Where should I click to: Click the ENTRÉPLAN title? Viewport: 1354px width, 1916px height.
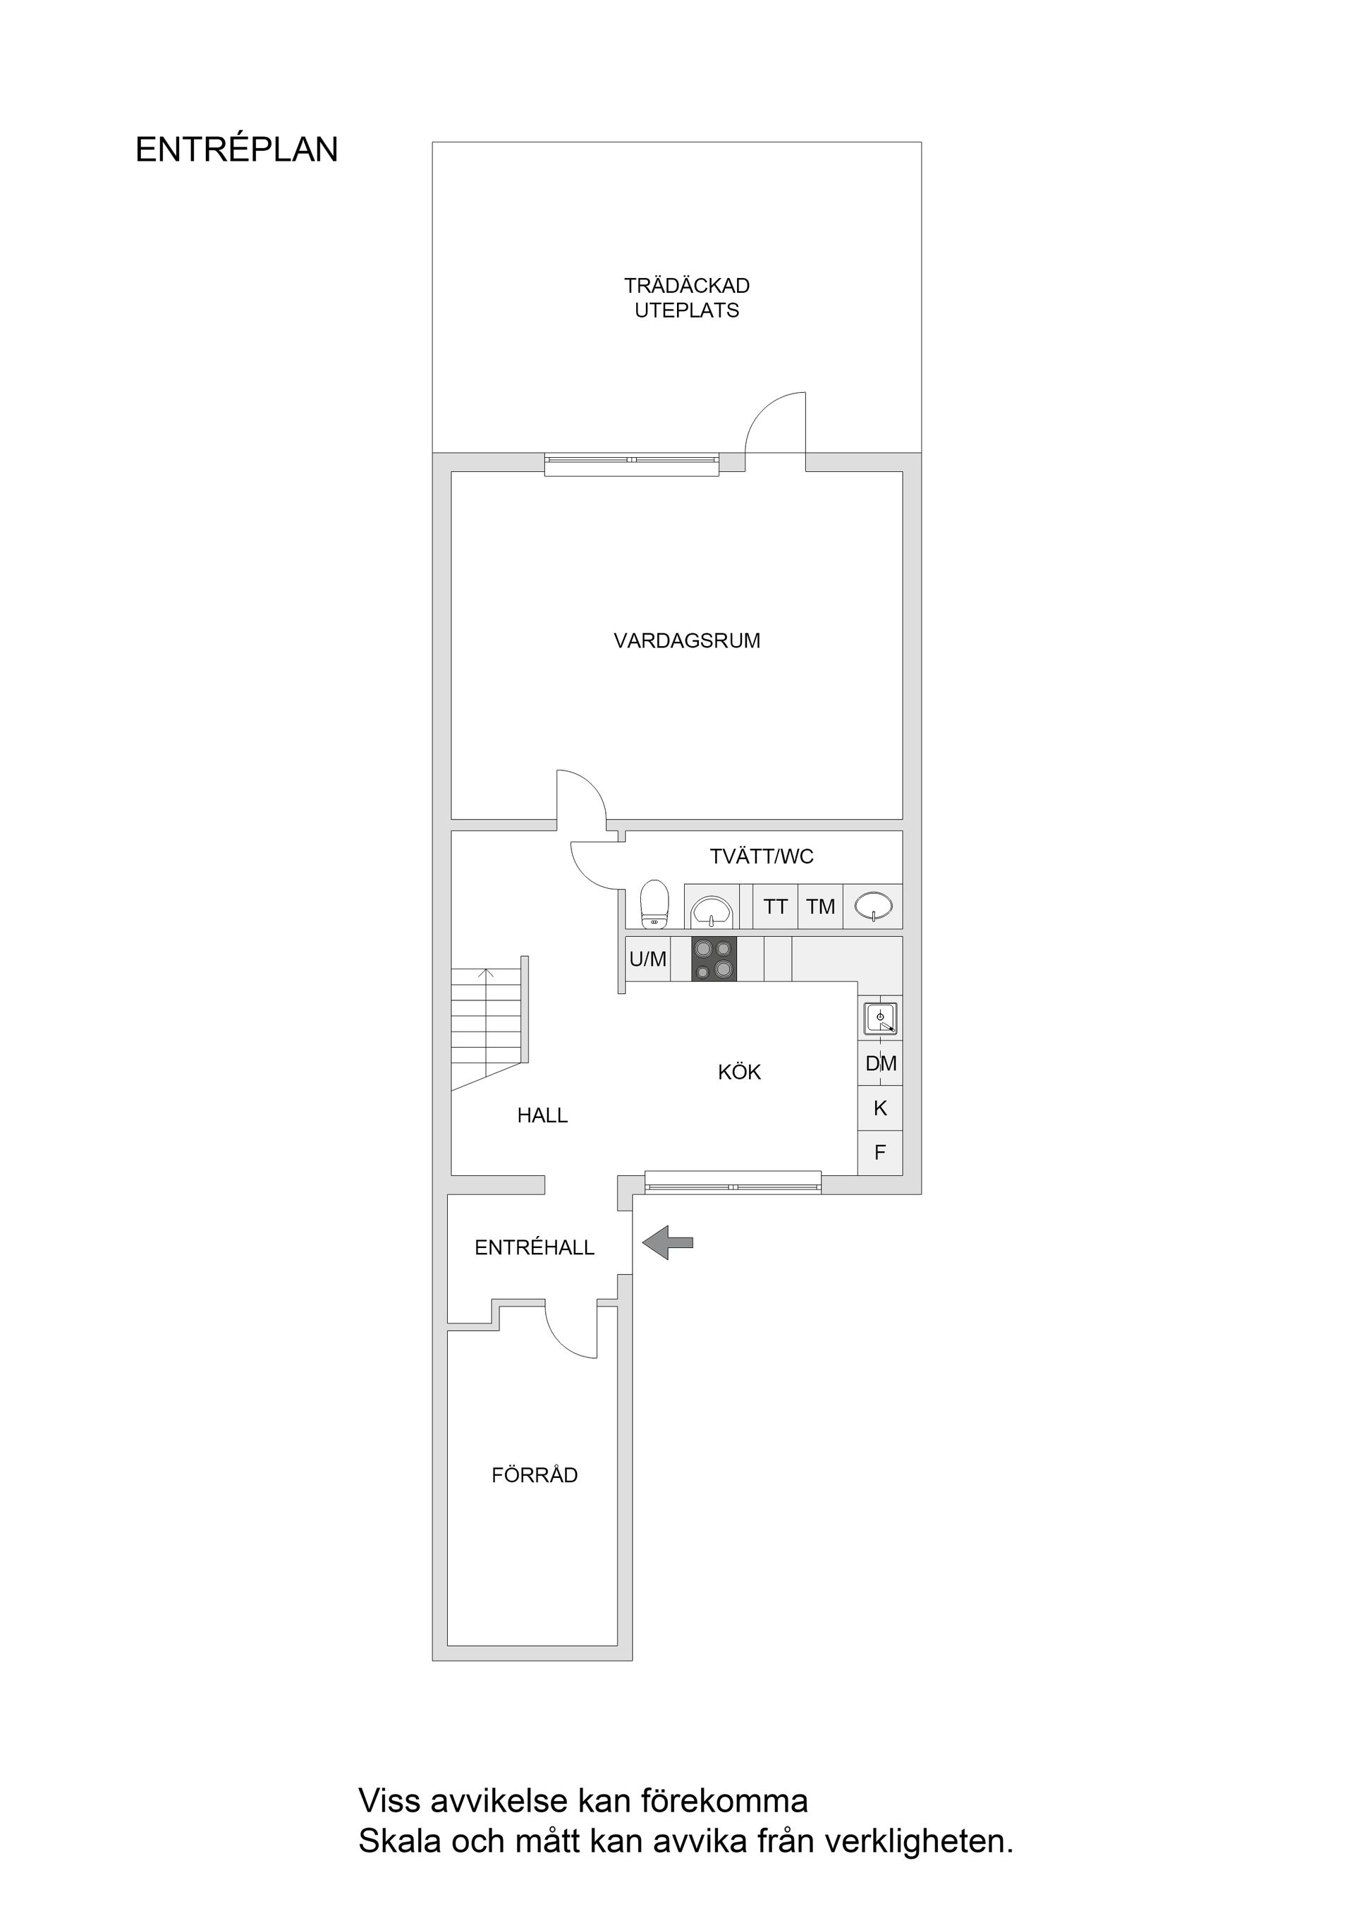tap(236, 150)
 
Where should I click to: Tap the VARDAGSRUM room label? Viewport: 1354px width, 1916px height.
tap(687, 641)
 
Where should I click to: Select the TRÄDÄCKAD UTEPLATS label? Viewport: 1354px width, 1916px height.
tap(687, 298)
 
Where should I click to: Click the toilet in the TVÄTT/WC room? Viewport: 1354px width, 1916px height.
tap(655, 904)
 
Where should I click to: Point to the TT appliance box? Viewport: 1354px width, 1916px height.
tap(775, 907)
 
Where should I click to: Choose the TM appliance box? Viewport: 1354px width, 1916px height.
tap(820, 907)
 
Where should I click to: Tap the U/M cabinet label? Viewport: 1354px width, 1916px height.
tap(647, 959)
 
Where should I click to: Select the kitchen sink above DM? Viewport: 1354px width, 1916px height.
tap(880, 1019)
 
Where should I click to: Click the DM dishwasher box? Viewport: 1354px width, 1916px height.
tap(880, 1064)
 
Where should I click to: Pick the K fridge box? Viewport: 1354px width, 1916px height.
tap(880, 1108)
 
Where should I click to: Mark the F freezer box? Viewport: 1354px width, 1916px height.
tap(880, 1153)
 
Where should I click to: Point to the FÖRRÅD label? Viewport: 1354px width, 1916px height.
tap(534, 1475)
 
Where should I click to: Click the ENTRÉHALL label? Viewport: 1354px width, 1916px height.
tap(534, 1247)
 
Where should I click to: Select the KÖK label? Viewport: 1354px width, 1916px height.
tap(739, 1072)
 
